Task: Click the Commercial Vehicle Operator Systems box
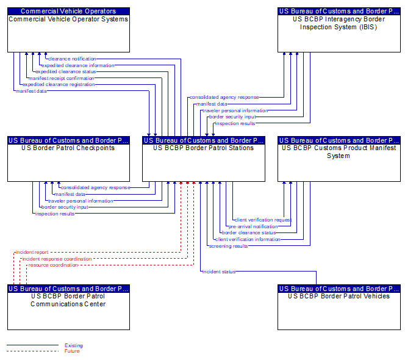68,30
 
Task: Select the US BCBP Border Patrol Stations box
204,159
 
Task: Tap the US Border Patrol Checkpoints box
68,159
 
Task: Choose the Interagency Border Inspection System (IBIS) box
339,30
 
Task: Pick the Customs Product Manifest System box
339,159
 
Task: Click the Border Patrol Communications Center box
68,307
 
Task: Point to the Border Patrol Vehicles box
339,307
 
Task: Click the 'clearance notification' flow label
72,59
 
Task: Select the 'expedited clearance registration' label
59,84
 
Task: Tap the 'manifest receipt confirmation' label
62,78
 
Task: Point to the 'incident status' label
219,272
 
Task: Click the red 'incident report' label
32,252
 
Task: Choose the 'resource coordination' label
53,265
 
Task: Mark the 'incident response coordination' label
57,259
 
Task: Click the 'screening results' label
228,246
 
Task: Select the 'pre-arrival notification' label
253,226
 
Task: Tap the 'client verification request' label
263,220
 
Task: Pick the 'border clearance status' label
249,233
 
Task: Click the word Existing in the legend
74,345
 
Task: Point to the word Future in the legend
72,351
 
